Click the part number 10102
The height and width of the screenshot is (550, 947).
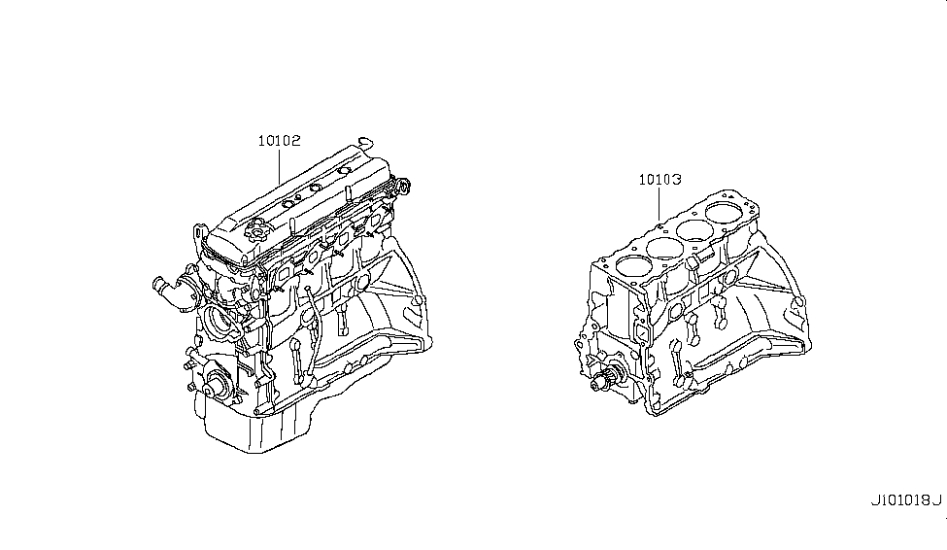point(279,141)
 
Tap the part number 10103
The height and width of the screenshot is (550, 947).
point(660,180)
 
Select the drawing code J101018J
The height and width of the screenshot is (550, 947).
point(906,500)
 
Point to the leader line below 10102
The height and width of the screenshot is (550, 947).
point(279,167)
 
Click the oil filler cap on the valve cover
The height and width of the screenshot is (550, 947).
point(256,231)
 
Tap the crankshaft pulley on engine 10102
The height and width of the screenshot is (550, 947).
point(216,383)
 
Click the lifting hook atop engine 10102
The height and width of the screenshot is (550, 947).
point(365,143)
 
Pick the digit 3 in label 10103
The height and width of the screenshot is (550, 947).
point(677,180)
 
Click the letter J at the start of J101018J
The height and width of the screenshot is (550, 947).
point(874,500)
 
